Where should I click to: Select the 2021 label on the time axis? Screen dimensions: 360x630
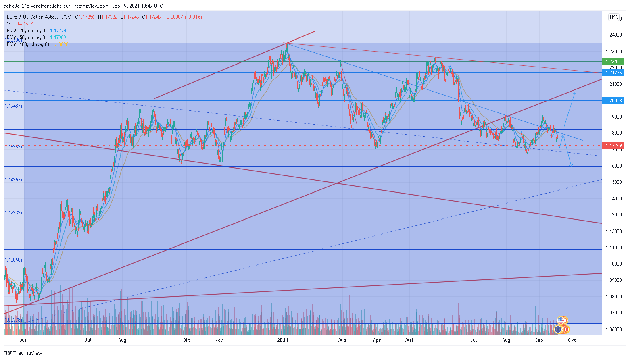pos(283,340)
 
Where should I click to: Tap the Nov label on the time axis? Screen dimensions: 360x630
pos(219,340)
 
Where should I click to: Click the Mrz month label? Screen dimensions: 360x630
pos(342,340)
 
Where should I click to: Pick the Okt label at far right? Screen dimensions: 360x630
pos(572,340)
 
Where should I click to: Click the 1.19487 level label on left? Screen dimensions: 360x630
pos(13,106)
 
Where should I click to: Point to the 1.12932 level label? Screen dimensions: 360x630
pos(13,212)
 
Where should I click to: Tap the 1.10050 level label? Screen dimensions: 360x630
pos(13,260)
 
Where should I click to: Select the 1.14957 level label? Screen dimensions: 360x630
pos(13,179)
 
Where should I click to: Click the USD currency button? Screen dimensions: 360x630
pos(614,17)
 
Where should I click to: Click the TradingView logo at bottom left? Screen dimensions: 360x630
pos(23,353)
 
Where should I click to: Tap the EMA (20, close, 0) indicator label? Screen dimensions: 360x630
pos(27,31)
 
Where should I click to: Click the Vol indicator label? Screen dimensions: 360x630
pos(10,24)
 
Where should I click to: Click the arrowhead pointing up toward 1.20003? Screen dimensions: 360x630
pos(574,94)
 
